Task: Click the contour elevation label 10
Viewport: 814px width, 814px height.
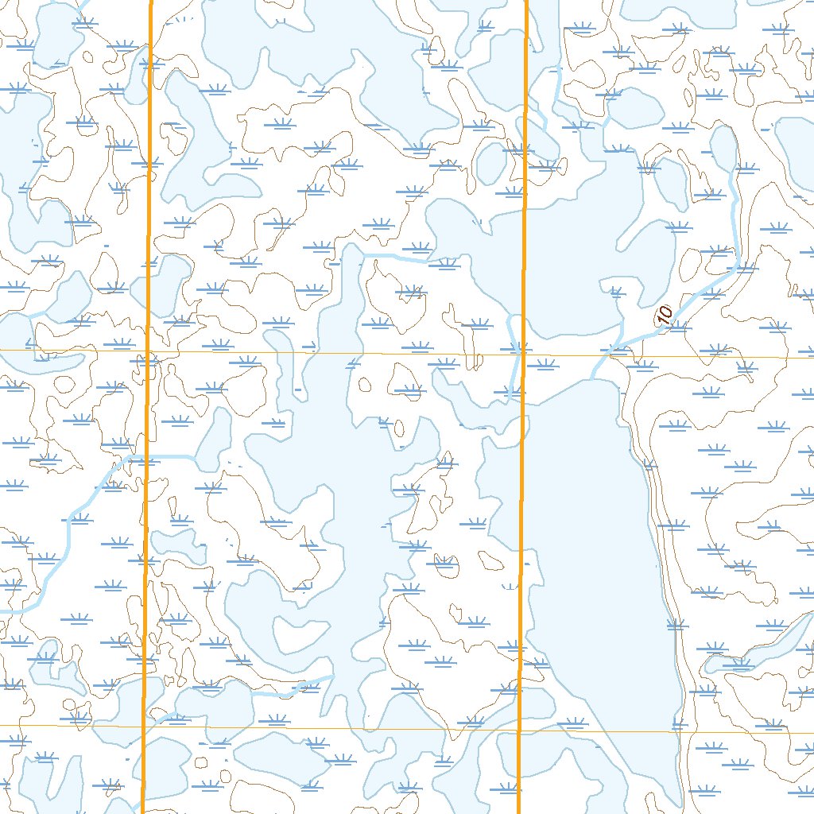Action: (x=665, y=314)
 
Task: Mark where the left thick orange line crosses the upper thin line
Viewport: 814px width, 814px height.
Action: (x=148, y=351)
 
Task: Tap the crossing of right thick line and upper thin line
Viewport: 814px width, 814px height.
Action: (x=523, y=355)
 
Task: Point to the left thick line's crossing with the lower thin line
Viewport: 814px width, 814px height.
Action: (x=143, y=726)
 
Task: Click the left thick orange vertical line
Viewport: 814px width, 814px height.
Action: (x=147, y=238)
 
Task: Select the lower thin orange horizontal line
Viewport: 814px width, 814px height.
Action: (x=334, y=727)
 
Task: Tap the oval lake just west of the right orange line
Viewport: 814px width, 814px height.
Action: (x=490, y=163)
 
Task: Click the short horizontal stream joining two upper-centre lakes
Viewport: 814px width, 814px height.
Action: (x=393, y=257)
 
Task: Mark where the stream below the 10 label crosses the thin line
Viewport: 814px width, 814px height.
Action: (x=606, y=356)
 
